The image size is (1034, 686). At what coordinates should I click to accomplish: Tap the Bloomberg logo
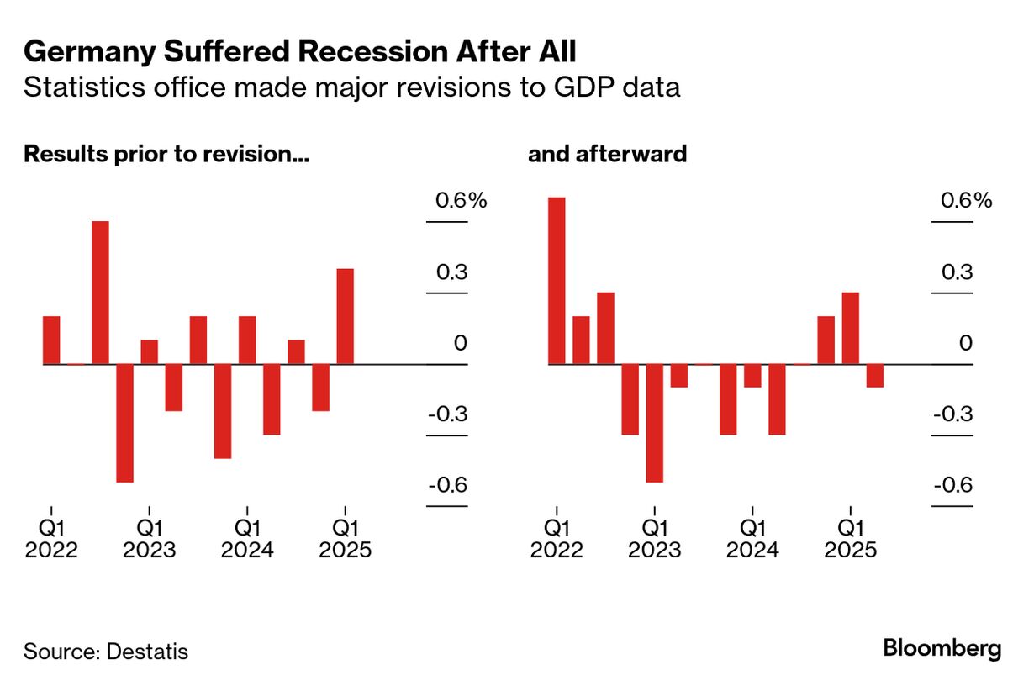tap(942, 648)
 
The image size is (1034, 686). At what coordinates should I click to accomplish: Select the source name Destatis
tap(148, 652)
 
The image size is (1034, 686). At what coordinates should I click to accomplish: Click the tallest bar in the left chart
tap(100, 293)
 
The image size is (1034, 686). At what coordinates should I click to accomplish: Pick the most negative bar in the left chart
tap(124, 423)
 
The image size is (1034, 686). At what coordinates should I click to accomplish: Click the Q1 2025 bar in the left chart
tap(345, 316)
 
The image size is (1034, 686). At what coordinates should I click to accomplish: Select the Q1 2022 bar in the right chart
tap(557, 281)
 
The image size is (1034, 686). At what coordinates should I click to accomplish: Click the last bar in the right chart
tap(875, 376)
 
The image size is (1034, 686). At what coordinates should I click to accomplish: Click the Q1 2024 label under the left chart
tap(247, 540)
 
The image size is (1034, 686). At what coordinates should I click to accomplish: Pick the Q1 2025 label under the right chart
tap(851, 540)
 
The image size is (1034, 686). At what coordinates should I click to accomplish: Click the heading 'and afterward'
tap(607, 155)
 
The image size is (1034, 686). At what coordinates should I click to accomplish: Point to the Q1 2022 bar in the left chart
tap(51, 340)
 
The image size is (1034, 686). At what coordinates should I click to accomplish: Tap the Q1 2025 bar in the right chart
tap(851, 328)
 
